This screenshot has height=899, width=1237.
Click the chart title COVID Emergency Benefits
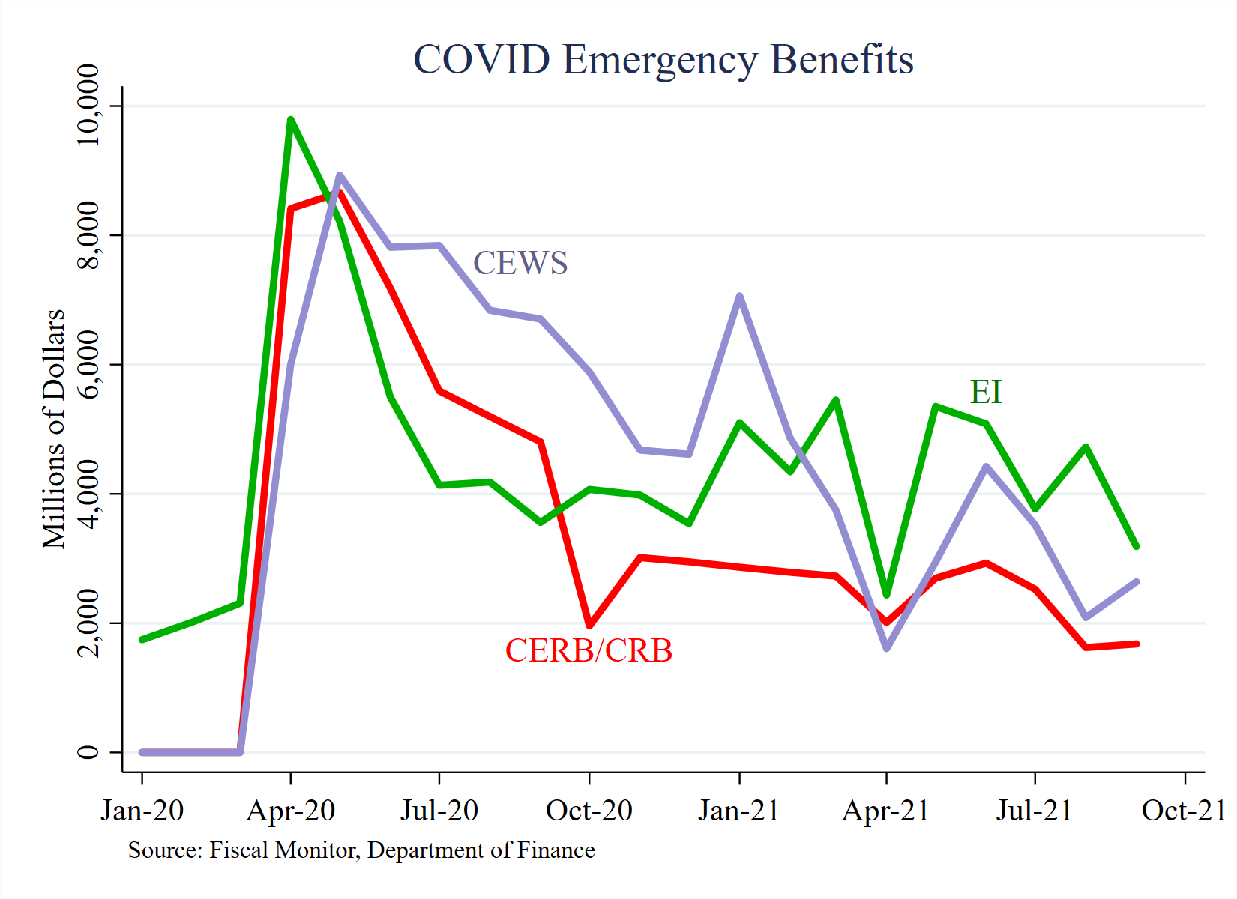pos(663,59)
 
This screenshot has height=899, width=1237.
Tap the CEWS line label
pos(520,263)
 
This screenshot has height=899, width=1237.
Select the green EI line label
pos(985,392)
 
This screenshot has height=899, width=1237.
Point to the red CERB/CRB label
pos(589,650)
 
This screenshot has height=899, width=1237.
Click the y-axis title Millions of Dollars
pos(54,429)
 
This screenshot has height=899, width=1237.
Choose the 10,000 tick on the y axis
pos(88,106)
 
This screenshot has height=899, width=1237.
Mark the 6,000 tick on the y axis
pos(88,365)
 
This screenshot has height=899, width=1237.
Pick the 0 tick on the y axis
pos(88,751)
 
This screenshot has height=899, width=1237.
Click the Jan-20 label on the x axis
pos(142,811)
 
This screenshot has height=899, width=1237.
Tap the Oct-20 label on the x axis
pos(589,811)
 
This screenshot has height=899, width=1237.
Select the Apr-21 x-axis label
pos(886,811)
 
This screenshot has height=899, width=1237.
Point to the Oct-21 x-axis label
pos(1184,811)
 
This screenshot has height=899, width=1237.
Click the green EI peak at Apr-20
pos(290,120)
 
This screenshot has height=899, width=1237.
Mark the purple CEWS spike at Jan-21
pos(740,297)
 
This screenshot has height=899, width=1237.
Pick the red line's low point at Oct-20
pos(589,626)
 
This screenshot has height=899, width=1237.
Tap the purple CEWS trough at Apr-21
pos(887,648)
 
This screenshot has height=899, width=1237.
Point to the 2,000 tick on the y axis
pos(88,623)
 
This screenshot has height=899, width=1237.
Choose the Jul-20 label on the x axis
pos(439,811)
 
